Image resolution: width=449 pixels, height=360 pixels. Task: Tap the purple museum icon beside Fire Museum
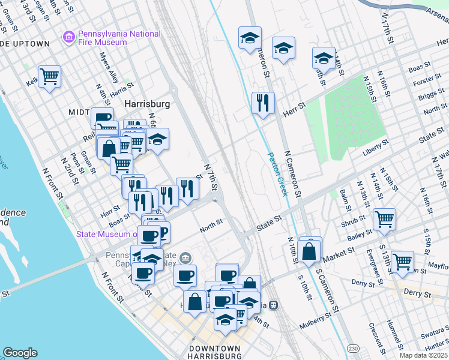(x=69, y=38)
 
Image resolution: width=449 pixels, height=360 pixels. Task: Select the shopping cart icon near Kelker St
(x=49, y=76)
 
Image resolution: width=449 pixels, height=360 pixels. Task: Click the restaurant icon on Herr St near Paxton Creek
(x=263, y=103)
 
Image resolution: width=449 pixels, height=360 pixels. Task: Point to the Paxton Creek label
(x=278, y=173)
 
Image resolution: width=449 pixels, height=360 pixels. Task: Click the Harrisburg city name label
(x=147, y=104)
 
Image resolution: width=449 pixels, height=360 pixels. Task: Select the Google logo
(x=20, y=353)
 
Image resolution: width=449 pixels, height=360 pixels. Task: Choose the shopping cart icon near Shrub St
(x=384, y=219)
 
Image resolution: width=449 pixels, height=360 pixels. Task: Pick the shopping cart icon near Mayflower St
(x=402, y=261)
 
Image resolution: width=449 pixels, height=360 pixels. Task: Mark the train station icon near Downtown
(x=273, y=305)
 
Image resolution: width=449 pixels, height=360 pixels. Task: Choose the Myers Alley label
(x=109, y=68)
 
